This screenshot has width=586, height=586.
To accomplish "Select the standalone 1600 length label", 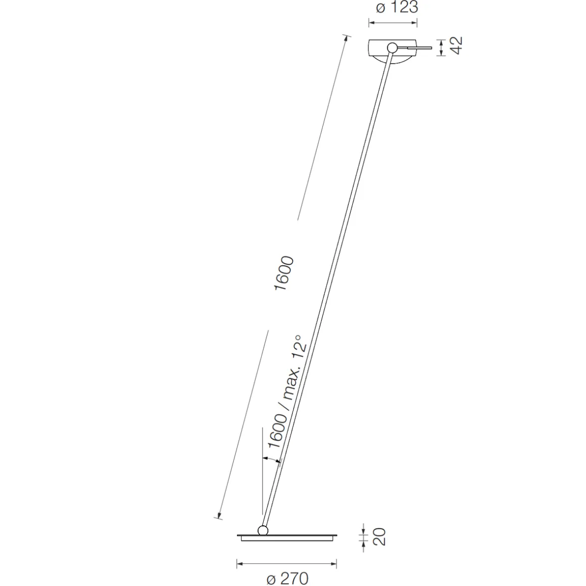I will (283, 273).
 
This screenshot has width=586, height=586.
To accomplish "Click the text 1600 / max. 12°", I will (286, 391).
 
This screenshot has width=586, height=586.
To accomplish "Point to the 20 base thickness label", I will (379, 536).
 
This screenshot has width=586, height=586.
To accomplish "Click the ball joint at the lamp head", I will (392, 48).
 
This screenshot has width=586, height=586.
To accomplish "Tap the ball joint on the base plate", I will (263, 530).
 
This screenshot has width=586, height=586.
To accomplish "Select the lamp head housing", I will (384, 51).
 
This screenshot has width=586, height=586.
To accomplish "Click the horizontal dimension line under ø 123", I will (394, 22).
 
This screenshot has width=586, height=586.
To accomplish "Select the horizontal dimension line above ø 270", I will (286, 563).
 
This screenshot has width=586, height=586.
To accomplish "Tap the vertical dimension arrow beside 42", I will (442, 47).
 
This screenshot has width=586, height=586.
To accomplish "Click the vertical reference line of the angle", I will (263, 470).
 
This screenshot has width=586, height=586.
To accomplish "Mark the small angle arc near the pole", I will (271, 459).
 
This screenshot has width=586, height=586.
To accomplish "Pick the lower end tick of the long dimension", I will (218, 516).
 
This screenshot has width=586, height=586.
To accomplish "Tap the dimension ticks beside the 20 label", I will (363, 535).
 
